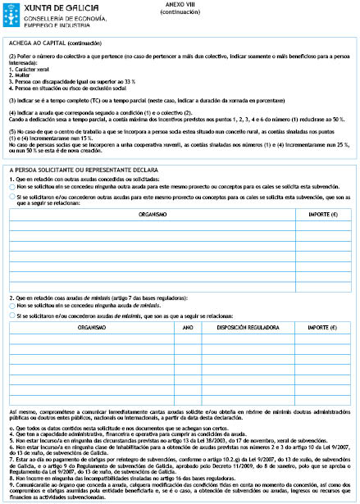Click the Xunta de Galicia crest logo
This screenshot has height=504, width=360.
[11, 10]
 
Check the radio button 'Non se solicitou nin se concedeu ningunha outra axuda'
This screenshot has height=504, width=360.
[13, 187]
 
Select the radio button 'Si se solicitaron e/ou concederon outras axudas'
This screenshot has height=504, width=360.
[13, 198]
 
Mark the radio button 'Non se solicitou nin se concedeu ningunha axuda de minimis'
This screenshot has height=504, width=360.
[13, 305]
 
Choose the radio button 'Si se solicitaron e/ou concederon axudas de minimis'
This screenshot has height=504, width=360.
[13, 315]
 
